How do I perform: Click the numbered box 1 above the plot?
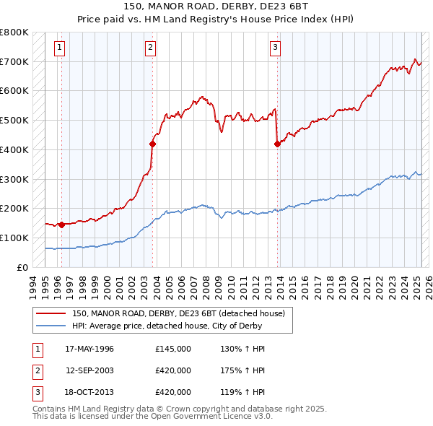pos(58,48)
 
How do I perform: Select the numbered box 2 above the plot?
pos(150,48)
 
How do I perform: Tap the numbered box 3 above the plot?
pos(275,48)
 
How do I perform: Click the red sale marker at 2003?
pos(152,144)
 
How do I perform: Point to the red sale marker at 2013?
pos(277,144)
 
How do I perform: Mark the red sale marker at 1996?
pos(61,225)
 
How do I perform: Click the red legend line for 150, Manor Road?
pos(51,313)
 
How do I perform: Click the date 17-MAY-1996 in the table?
pos(89,349)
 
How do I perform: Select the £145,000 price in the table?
pos(173,349)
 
